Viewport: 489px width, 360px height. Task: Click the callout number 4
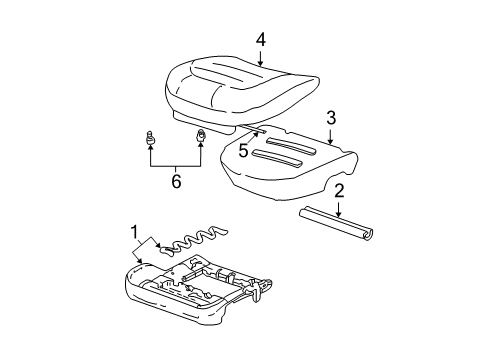(x=260, y=40)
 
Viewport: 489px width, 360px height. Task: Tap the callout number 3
(x=330, y=118)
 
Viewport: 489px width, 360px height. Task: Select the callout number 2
(x=339, y=190)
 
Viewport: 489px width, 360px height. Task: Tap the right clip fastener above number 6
(x=199, y=137)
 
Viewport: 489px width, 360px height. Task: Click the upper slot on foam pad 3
(x=290, y=139)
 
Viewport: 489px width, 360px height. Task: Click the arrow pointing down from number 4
(x=260, y=58)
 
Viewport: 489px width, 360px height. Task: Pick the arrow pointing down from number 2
(x=339, y=210)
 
